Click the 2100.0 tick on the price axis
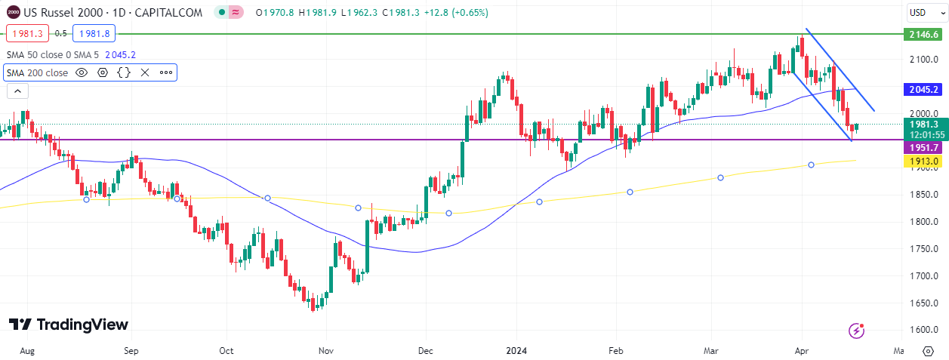pyautogui.click(x=923, y=59)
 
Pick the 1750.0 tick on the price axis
pyautogui.click(x=923, y=248)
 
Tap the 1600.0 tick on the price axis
pyautogui.click(x=923, y=330)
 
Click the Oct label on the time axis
pyautogui.click(x=226, y=351)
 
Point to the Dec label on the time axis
pyautogui.click(x=425, y=351)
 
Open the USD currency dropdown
pyautogui.click(x=923, y=13)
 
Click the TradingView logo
pyautogui.click(x=69, y=325)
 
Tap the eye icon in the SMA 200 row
pyautogui.click(x=82, y=72)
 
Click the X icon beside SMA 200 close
pyautogui.click(x=145, y=72)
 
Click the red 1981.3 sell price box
pyautogui.click(x=27, y=33)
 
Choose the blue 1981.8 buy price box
pyautogui.click(x=94, y=33)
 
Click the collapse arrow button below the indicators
pyautogui.click(x=17, y=91)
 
